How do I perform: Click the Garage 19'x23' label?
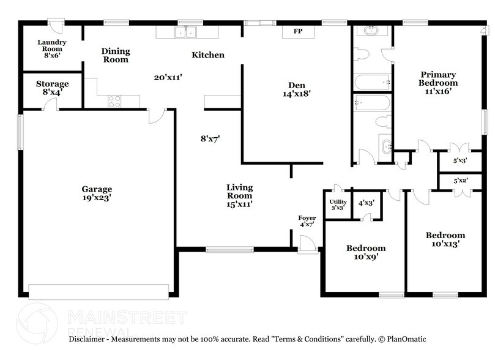pos(97,193)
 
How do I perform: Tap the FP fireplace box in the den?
pos(298,31)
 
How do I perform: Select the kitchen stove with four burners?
pos(114,101)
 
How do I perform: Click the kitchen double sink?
pos(182,32)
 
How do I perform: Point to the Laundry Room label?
pos(51,48)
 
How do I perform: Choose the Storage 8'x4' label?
pos(52,88)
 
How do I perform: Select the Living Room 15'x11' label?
pos(239,195)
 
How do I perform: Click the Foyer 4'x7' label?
pos(307,221)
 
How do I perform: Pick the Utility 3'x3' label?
pos(338,204)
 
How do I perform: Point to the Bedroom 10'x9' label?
pos(366,252)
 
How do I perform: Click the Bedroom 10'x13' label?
pos(445,239)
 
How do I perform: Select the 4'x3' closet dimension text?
pos(367,202)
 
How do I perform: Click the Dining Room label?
pos(115,55)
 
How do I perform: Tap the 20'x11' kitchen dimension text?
pos(168,77)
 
